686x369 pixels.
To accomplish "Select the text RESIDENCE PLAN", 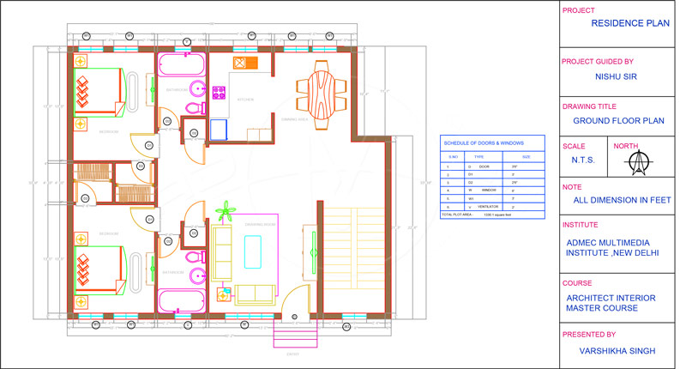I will coord(629,24).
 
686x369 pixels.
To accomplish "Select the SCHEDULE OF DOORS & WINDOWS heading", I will coord(482,142).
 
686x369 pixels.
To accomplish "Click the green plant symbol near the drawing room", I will coord(226,210).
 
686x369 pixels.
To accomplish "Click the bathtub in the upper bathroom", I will coord(181,65).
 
